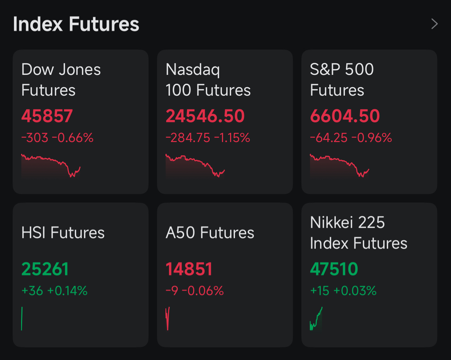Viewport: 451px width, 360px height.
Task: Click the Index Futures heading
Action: [76, 24]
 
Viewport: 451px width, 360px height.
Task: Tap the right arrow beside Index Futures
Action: [434, 24]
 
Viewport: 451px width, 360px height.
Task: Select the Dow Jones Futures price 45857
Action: [47, 116]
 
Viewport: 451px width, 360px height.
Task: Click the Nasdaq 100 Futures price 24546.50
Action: [205, 116]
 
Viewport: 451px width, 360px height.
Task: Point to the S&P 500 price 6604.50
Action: [345, 116]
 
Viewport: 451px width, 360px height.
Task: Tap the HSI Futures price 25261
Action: [45, 269]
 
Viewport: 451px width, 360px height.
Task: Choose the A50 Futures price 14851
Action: [189, 269]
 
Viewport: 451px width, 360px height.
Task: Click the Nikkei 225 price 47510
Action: [334, 269]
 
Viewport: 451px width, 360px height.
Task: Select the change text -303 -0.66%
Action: [57, 138]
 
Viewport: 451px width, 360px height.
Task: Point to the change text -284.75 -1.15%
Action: [208, 138]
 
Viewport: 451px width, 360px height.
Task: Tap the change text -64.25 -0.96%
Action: [351, 138]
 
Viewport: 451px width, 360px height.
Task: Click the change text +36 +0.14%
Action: [54, 291]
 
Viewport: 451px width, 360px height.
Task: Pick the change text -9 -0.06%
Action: [195, 291]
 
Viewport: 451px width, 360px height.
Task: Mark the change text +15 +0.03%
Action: [343, 291]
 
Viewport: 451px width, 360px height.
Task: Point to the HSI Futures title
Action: [63, 233]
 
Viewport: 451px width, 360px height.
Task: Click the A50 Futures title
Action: [210, 233]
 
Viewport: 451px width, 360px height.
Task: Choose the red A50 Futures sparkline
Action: [168, 319]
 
